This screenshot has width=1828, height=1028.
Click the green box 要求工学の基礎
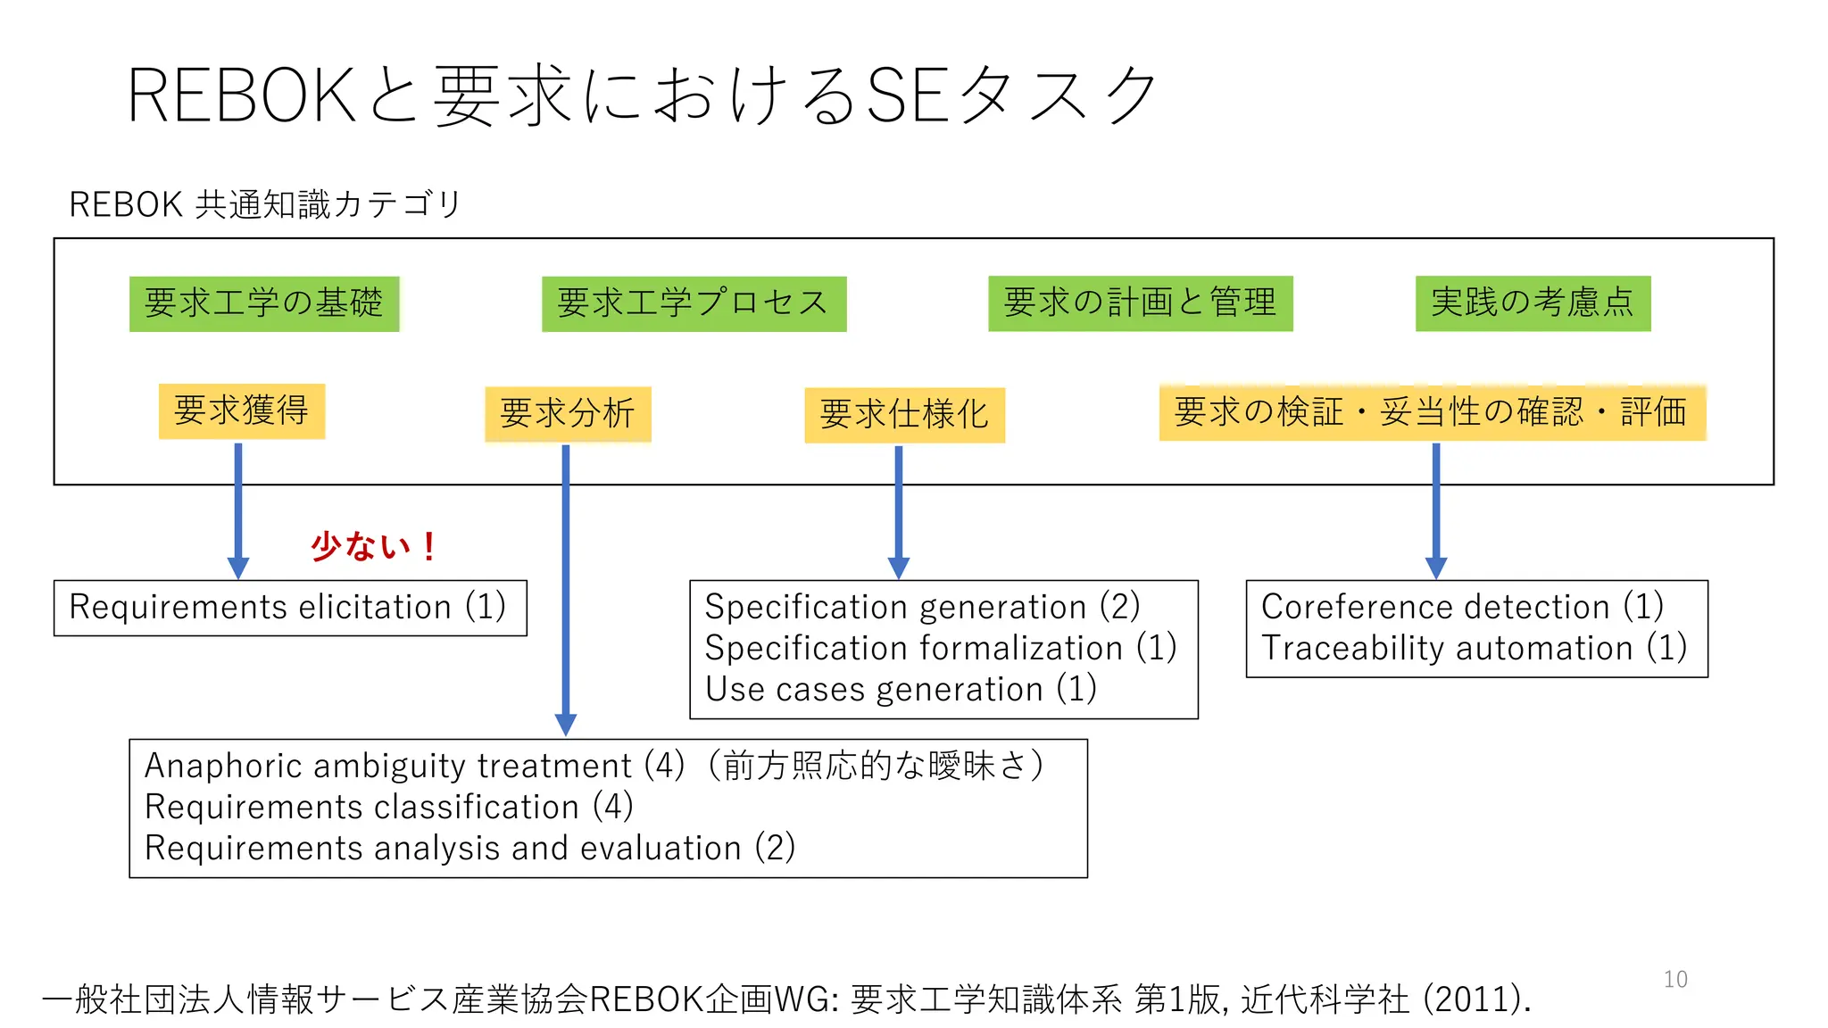click(264, 303)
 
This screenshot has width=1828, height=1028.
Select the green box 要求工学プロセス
click(694, 303)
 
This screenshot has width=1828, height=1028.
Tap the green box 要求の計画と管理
click(1140, 303)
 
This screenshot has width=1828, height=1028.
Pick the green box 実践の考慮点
click(1533, 303)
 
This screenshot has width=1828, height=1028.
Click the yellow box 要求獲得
click(241, 411)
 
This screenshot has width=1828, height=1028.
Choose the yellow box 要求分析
click(568, 414)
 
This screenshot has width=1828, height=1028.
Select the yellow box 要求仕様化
click(904, 415)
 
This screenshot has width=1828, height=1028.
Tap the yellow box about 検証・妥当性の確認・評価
click(1432, 412)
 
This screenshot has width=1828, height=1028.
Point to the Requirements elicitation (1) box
click(290, 608)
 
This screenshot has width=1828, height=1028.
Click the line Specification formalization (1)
click(941, 649)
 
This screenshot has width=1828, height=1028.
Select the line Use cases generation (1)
click(901, 690)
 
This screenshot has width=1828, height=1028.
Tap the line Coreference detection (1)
click(1462, 608)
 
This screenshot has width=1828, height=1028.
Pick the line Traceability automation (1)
click(1474, 649)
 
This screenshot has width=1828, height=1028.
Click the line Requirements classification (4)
click(389, 808)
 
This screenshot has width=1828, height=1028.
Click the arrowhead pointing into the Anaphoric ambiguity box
click(566, 725)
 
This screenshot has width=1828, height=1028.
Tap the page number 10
click(1675, 980)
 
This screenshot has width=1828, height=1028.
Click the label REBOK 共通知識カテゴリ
click(265, 205)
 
